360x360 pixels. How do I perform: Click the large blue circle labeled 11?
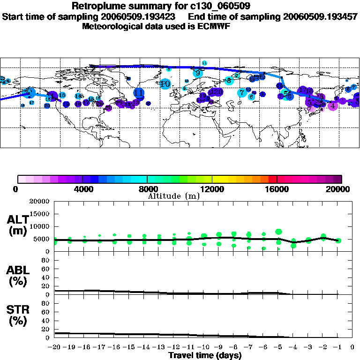pos(139,93)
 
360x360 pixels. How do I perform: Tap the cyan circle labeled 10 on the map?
pos(165,84)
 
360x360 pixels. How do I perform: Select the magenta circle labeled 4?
pos(333,106)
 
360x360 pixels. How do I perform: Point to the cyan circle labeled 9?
pos(198,73)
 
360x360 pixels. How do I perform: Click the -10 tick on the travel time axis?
pos(204,347)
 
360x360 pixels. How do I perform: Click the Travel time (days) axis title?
pos(205,355)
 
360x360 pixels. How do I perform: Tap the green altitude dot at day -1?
pos(338,240)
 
